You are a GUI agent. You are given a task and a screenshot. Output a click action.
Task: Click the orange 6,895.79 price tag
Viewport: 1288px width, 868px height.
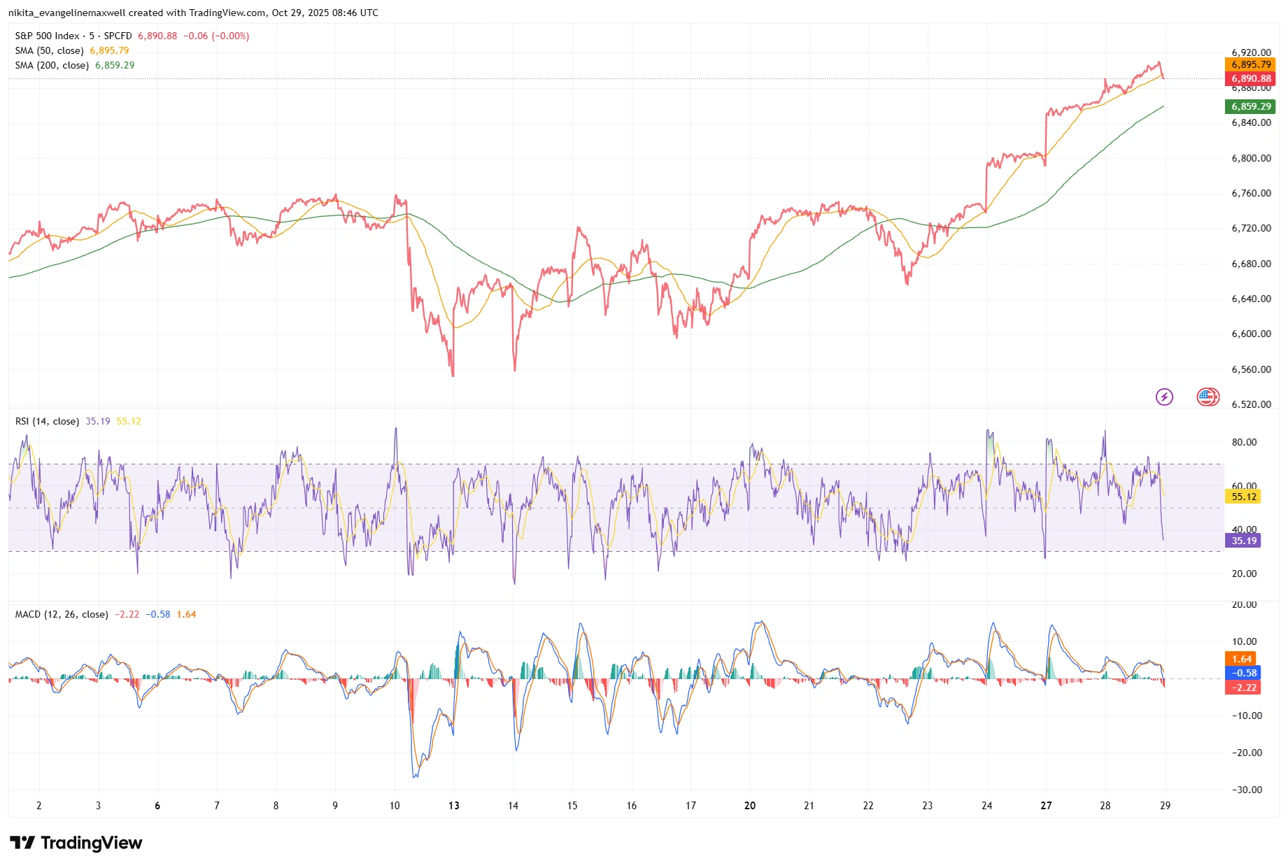coord(1250,64)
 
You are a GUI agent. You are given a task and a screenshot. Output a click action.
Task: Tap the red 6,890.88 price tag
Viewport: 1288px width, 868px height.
coord(1250,78)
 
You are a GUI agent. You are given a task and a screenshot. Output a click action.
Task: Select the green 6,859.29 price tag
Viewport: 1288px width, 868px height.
coord(1250,106)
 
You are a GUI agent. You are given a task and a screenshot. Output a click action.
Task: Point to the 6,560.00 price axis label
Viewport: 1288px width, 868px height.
coord(1251,369)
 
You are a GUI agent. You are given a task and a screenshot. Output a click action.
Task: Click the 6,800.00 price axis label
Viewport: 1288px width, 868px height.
coord(1251,158)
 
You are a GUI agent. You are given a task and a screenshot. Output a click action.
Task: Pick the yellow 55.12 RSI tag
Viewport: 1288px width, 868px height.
coord(1243,497)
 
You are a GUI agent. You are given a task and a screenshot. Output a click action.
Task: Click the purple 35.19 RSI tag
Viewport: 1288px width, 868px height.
coord(1243,541)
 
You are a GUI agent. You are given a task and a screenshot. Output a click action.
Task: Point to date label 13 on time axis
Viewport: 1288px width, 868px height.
coord(454,806)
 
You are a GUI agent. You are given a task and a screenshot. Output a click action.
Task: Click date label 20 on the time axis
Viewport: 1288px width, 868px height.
coord(750,806)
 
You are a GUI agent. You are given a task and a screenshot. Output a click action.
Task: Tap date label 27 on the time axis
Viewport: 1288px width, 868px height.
coord(1046,806)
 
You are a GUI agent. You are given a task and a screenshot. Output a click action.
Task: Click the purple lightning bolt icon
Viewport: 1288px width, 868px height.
coord(1164,397)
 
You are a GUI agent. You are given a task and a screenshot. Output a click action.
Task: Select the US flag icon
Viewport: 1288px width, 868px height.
coord(1208,397)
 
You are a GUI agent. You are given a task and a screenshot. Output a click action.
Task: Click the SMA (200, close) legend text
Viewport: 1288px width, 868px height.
coord(52,65)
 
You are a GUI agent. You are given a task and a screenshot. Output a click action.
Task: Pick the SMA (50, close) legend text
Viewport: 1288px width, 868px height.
coord(49,50)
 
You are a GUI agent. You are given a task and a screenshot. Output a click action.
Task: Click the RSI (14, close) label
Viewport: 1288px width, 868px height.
coord(47,421)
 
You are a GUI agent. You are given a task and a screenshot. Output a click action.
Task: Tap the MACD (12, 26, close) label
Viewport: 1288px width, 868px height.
coord(62,614)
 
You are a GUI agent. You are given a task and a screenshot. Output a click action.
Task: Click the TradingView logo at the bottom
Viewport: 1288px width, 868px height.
coord(76,843)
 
